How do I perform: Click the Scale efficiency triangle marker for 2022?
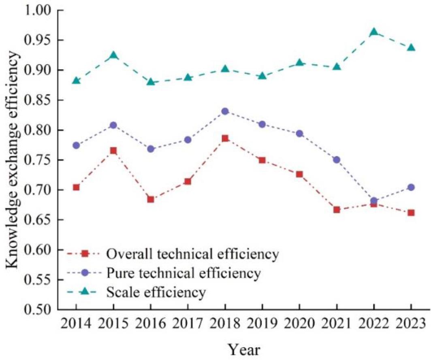(374, 32)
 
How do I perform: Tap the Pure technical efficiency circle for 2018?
(225, 111)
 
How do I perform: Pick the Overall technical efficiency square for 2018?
(225, 138)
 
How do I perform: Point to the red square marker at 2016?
(150, 199)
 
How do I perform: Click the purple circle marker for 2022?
(374, 201)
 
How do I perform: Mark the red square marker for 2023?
(411, 213)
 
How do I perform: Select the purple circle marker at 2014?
(76, 145)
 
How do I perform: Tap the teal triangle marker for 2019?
(262, 76)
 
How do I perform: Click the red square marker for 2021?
(337, 210)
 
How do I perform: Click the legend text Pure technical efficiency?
(183, 273)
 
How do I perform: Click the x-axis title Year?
(243, 349)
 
